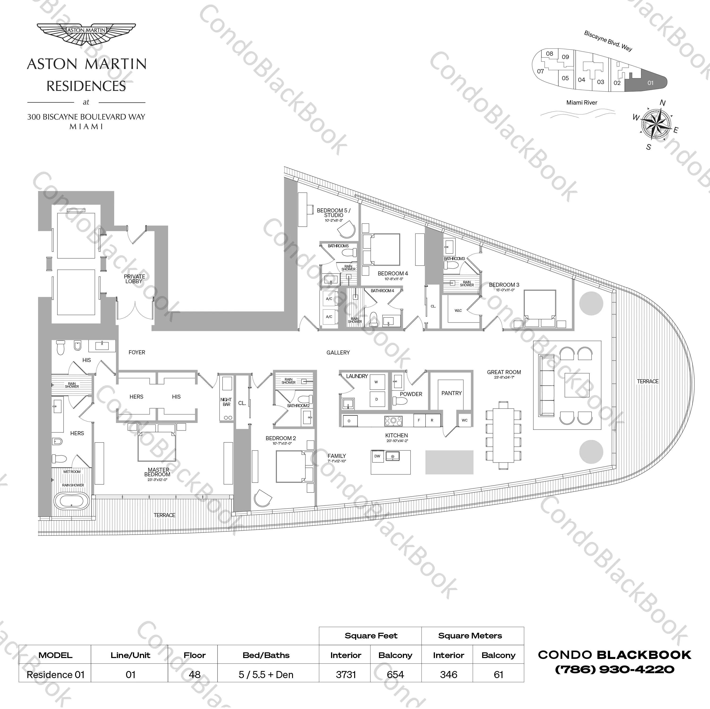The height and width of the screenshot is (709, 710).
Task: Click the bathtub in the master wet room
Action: coord(72,500)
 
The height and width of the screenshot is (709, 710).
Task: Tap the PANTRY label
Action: coord(451,393)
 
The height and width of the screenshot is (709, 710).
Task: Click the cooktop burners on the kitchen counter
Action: coord(393,421)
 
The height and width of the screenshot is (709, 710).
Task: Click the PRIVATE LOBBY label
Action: coord(134,279)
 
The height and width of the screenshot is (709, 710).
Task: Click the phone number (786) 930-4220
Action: coord(614,670)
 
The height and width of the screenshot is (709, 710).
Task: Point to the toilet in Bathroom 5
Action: coord(349,253)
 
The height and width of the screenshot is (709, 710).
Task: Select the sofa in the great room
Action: coord(546,385)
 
